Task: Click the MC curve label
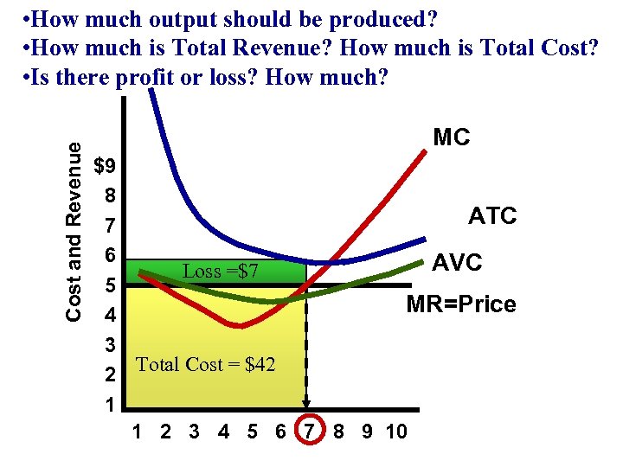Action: tap(451, 138)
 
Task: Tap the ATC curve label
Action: tap(491, 215)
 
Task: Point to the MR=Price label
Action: tap(461, 304)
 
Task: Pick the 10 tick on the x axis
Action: tap(396, 432)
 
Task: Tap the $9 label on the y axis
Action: tap(108, 165)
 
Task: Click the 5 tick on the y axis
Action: tap(109, 285)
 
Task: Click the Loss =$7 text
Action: tap(221, 272)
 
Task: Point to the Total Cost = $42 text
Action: tap(206, 365)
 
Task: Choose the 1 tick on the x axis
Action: tap(137, 432)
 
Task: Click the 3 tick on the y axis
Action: tap(110, 345)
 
